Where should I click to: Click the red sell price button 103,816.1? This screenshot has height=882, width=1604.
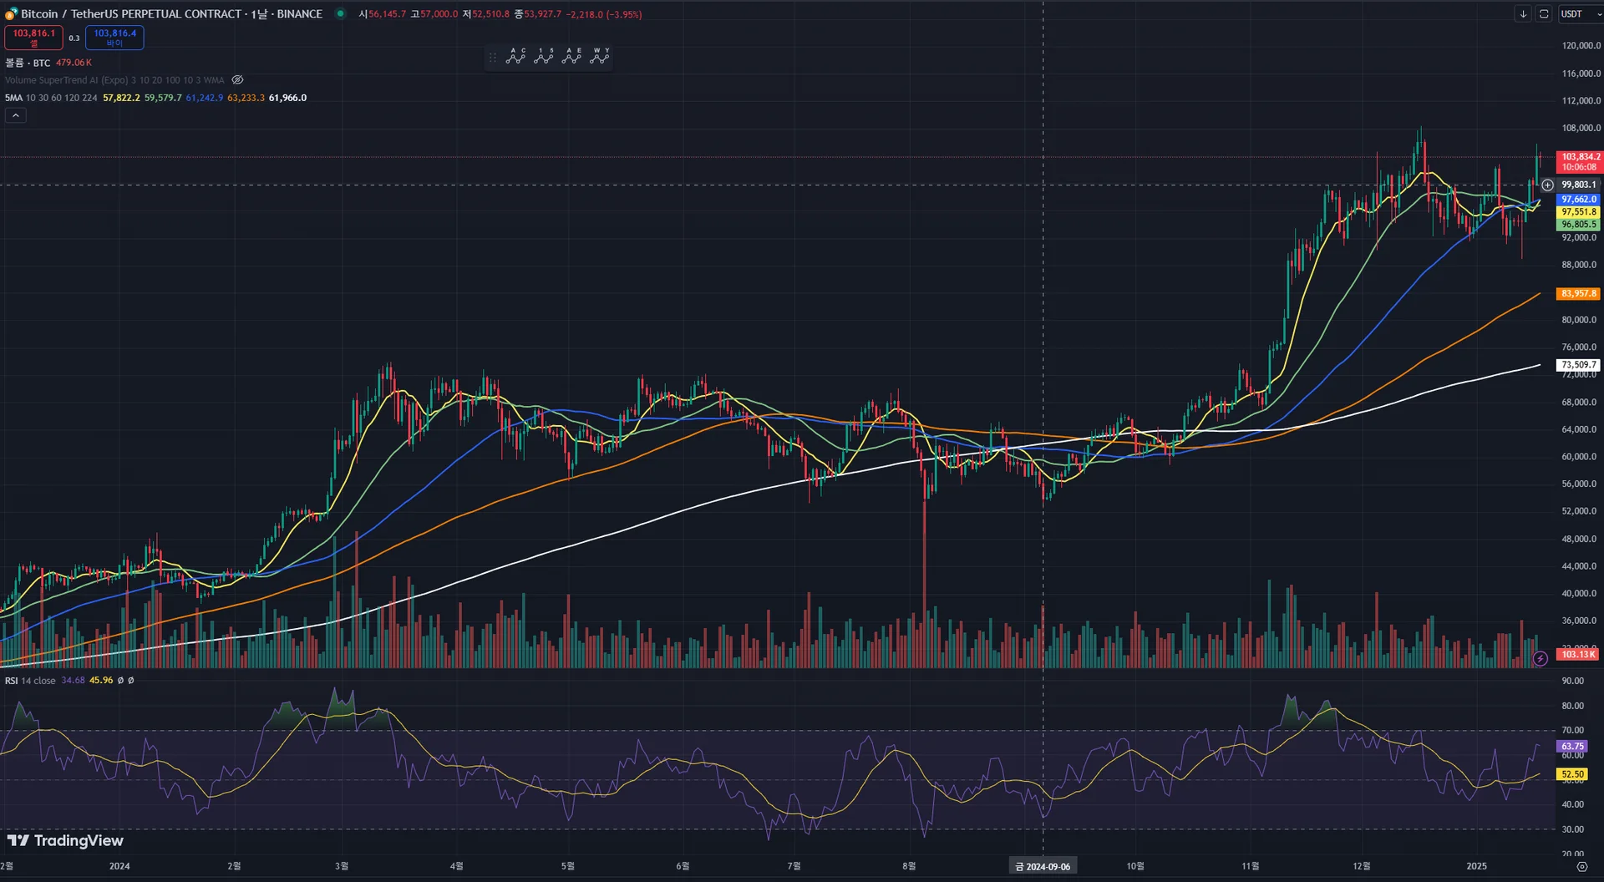click(33, 37)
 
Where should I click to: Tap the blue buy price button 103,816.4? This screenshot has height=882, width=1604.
click(114, 37)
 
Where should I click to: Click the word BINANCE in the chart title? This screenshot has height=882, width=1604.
click(299, 14)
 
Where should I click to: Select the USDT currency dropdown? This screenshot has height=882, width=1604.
click(1579, 14)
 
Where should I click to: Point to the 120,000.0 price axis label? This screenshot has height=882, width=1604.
click(1581, 46)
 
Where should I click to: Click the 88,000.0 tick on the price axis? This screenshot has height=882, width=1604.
click(1579, 265)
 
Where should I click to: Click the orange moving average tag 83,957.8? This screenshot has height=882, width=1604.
click(1579, 293)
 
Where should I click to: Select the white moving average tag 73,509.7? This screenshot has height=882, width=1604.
click(1579, 365)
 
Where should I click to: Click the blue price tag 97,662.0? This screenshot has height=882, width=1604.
click(1579, 200)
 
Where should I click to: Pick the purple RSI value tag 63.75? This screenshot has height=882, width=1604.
click(1572, 746)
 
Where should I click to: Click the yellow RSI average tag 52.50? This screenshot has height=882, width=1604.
click(1572, 774)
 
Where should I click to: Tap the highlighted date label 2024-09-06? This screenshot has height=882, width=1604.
click(1043, 866)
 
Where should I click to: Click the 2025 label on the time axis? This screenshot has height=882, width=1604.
click(1476, 866)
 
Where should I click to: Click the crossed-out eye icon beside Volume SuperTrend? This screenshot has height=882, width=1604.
click(237, 80)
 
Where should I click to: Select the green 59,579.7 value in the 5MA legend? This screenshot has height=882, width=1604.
click(163, 98)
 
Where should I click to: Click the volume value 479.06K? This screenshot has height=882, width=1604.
click(74, 63)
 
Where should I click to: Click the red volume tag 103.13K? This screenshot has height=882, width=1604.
click(1577, 654)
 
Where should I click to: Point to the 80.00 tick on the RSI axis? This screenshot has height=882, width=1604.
click(1572, 706)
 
